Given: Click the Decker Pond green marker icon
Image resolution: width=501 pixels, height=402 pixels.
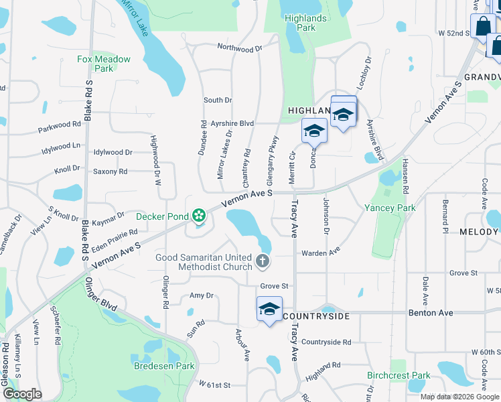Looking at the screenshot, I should click(198, 216).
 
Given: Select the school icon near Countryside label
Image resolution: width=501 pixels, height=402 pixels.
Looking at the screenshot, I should click(269, 310).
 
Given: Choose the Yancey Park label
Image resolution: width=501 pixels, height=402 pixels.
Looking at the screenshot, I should click(390, 208).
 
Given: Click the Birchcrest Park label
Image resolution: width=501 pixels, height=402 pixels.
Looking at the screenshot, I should click(399, 375).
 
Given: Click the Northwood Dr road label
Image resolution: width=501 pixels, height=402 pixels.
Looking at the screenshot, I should click(240, 48).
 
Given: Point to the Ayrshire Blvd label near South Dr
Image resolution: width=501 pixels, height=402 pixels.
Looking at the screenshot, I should click(232, 123).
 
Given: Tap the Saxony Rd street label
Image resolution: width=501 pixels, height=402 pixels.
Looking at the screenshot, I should click(111, 172).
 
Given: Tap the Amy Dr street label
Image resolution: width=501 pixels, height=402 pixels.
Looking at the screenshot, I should click(201, 295).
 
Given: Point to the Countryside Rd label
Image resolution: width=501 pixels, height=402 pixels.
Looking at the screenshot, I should click(326, 342).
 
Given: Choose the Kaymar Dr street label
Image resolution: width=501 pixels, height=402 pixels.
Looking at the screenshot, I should click(109, 217).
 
